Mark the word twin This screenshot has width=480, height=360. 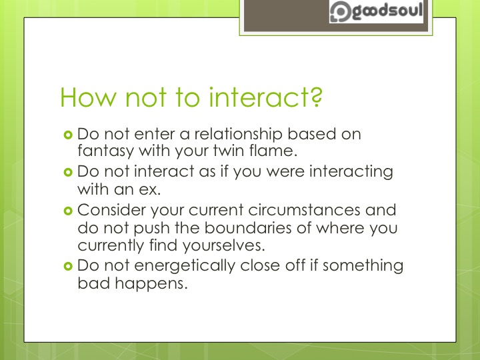point(221,151)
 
